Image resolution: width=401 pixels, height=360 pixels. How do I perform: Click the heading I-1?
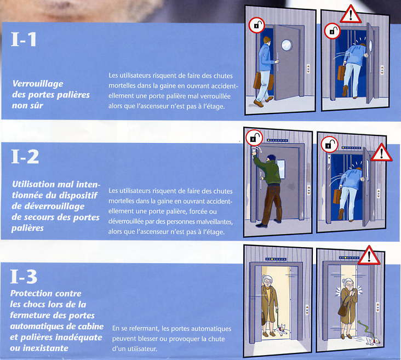tap(24, 39)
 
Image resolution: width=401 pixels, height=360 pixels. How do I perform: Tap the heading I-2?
tap(25, 157)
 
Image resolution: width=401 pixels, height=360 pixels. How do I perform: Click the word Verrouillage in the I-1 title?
tap(38, 84)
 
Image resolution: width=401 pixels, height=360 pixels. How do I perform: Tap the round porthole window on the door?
tap(286, 45)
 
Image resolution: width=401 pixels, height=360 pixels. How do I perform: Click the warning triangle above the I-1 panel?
tap(351, 14)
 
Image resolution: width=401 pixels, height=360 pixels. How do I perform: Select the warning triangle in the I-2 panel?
tap(381, 152)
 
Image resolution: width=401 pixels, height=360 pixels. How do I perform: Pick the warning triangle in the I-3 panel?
tap(369, 255)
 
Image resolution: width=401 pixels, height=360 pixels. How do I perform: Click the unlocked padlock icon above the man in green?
tap(254, 138)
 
